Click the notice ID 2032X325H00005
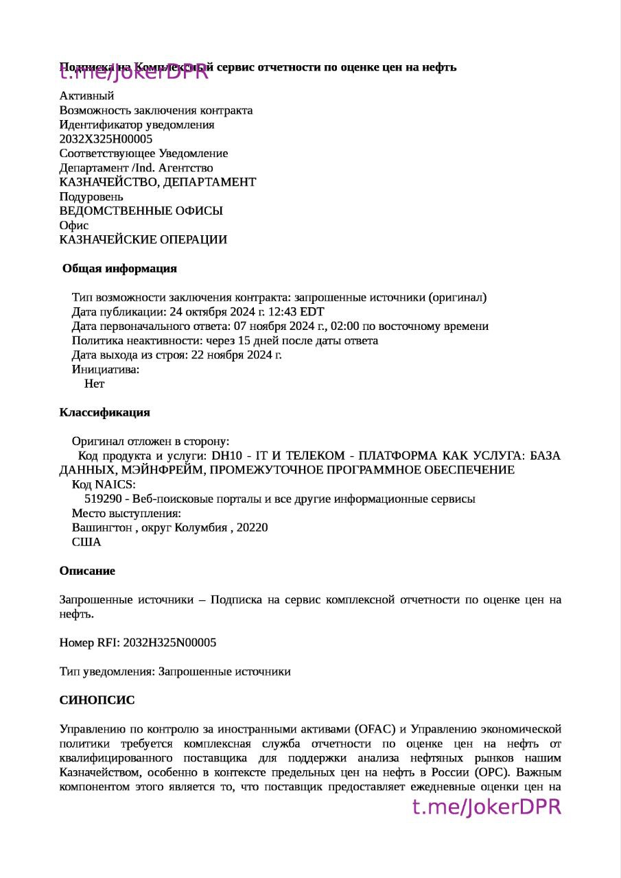pyautogui.click(x=106, y=139)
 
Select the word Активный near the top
pyautogui.click(x=86, y=96)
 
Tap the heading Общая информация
pyautogui.click(x=119, y=269)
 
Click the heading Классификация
pyautogui.click(x=104, y=413)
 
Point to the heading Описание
pyautogui.click(x=87, y=571)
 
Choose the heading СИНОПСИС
pyautogui.click(x=97, y=701)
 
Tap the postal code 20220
pyautogui.click(x=252, y=528)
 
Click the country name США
pyautogui.click(x=86, y=543)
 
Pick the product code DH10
pyautogui.click(x=227, y=456)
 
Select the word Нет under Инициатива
pyautogui.click(x=94, y=384)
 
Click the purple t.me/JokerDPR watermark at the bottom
pyautogui.click(x=487, y=807)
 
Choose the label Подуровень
pyautogui.click(x=91, y=197)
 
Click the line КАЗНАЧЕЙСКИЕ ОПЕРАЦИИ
pyautogui.click(x=143, y=240)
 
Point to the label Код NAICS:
pyautogui.click(x=104, y=485)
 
